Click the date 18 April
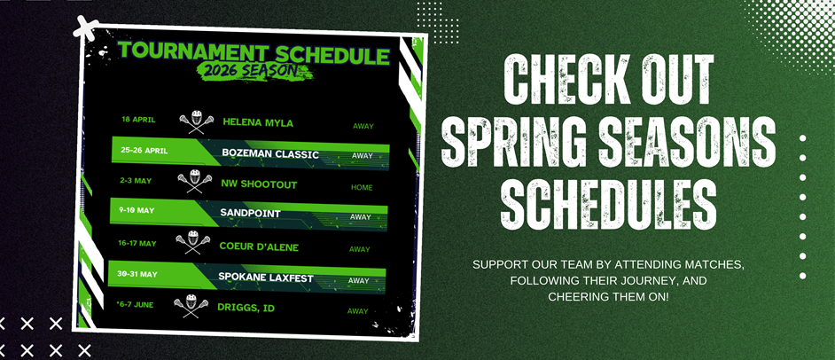[x=137, y=118]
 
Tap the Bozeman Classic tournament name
[x=271, y=153]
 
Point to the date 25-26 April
[x=144, y=150]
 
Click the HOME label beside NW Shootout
[x=362, y=187]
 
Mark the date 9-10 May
[x=137, y=211]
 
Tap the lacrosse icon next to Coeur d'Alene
[x=188, y=242]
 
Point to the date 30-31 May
[x=137, y=274]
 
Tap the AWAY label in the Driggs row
[x=357, y=311]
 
